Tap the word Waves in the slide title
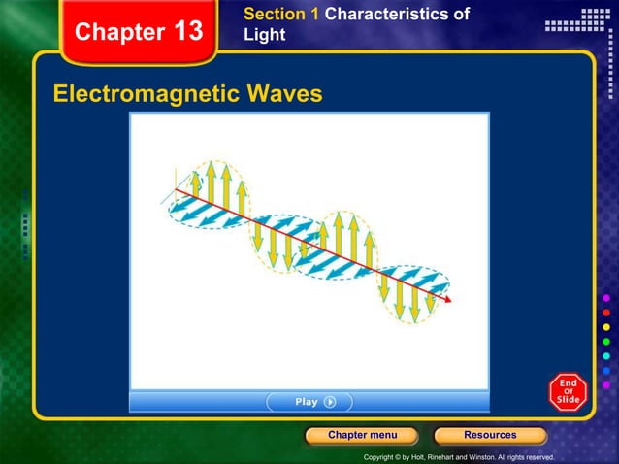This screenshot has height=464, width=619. click(284, 94)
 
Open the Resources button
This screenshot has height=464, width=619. click(490, 435)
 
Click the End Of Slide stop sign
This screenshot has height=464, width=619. click(568, 392)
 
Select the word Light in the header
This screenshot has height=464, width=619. click(265, 35)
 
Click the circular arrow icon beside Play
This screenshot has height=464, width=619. click(330, 402)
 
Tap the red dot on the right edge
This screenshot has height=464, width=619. click(607, 314)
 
